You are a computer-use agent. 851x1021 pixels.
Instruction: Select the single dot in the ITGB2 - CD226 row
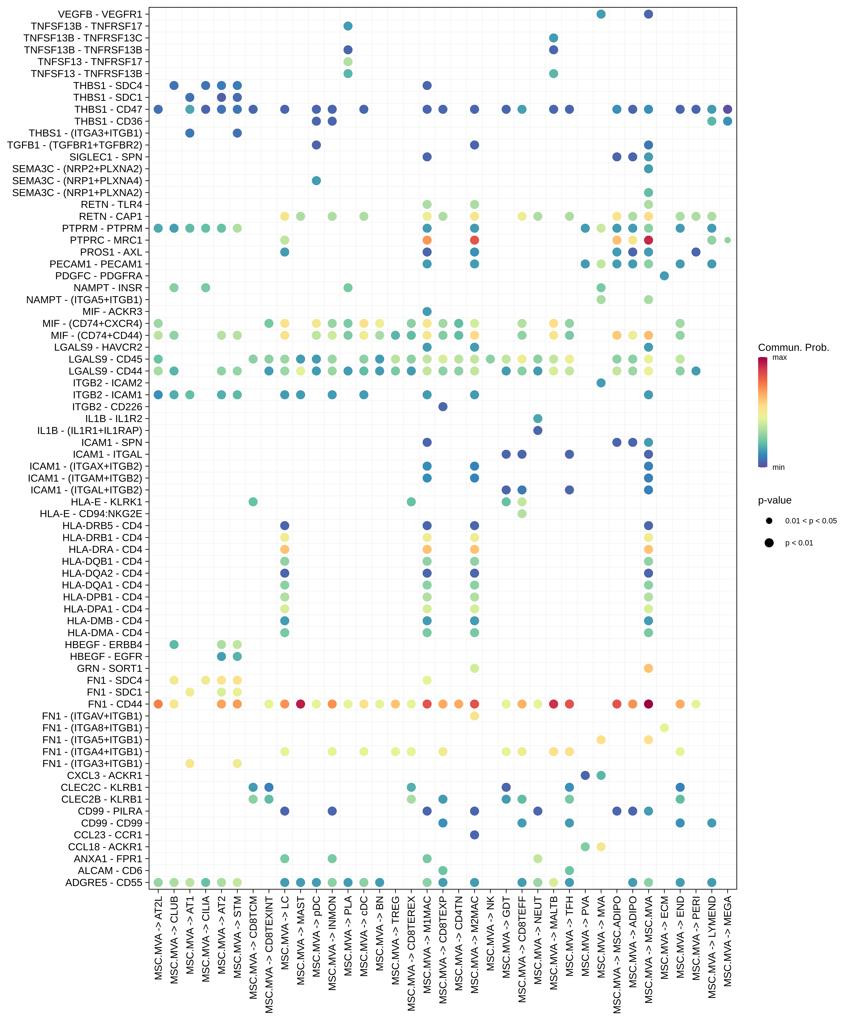[443, 406]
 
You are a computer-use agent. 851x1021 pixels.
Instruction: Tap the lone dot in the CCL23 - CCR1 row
[475, 835]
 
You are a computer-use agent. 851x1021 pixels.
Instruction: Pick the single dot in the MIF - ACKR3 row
[427, 311]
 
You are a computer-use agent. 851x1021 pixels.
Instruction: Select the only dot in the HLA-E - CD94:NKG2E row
[522, 513]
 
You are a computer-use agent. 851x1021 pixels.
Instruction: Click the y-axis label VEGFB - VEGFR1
[100, 14]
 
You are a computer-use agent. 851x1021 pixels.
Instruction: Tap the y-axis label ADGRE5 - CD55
[104, 882]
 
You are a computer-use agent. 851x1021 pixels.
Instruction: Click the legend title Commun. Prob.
[793, 348]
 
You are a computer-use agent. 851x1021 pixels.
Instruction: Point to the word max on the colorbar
[779, 357]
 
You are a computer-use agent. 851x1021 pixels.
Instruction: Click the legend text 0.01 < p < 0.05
[811, 521]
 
